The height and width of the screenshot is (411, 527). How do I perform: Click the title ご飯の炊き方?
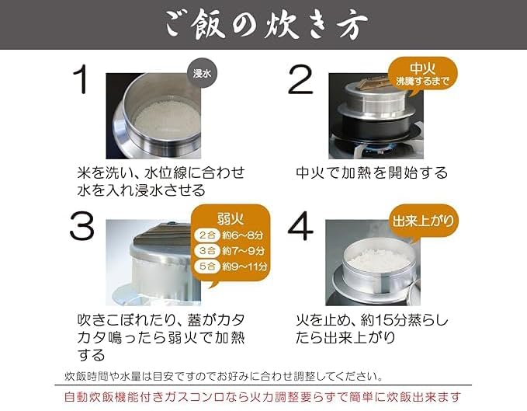coord(263,24)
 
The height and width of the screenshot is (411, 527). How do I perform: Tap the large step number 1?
coord(81,80)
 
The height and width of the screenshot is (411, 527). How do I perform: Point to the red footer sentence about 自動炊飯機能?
coord(263,396)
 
